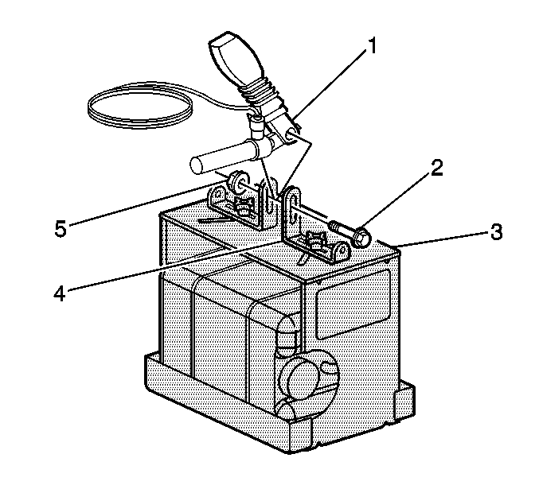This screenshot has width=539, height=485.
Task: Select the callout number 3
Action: point(496,233)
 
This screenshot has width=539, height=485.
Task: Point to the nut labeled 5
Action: point(237,184)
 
